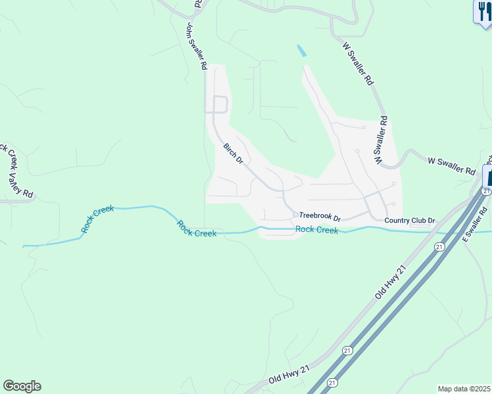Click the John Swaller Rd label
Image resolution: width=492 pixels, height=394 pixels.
tap(197, 47)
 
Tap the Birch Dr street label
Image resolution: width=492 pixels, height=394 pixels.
tap(233, 153)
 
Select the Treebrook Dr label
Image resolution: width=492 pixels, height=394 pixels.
tap(320, 216)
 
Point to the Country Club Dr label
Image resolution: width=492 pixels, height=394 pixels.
tap(410, 221)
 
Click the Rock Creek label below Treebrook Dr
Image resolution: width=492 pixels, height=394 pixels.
tap(316, 230)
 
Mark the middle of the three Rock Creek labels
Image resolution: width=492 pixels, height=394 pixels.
tap(196, 229)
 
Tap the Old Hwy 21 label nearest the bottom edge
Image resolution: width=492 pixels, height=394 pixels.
tap(289, 376)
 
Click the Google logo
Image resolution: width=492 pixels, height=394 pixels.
tap(22, 386)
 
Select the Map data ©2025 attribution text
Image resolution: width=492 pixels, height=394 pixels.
tap(464, 389)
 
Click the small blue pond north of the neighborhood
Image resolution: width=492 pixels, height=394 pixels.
tap(301, 50)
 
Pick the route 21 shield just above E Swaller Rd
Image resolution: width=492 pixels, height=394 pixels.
tap(485, 190)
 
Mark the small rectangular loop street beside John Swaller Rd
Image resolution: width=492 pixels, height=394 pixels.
tap(220, 104)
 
